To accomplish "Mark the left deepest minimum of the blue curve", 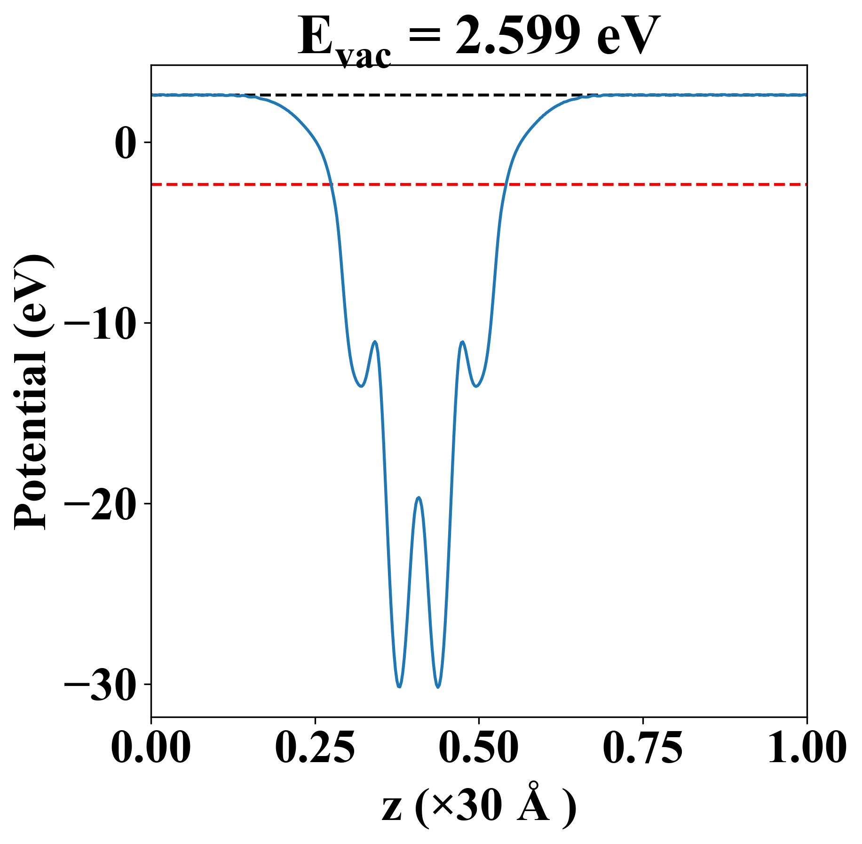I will (x=399, y=686).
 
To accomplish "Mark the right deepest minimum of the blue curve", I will (x=438, y=687).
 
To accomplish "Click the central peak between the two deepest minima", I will (x=419, y=498).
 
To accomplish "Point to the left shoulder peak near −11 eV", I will (x=375, y=342).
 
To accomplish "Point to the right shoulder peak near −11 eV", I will (x=463, y=342).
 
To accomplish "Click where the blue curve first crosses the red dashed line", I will (x=331, y=184).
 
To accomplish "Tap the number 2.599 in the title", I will (x=517, y=37).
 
